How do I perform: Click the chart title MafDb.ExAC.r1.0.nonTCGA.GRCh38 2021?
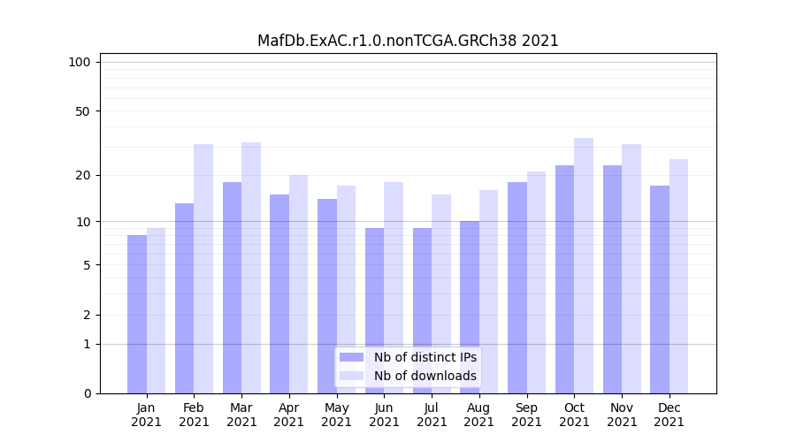[x=408, y=41]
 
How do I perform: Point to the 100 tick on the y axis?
[x=80, y=62]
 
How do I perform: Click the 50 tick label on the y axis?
[x=83, y=111]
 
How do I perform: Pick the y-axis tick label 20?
[x=83, y=175]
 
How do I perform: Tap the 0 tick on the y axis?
[x=87, y=393]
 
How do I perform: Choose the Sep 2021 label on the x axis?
[x=526, y=415]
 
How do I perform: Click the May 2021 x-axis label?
[x=337, y=415]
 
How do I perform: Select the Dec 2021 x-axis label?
[x=669, y=415]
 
